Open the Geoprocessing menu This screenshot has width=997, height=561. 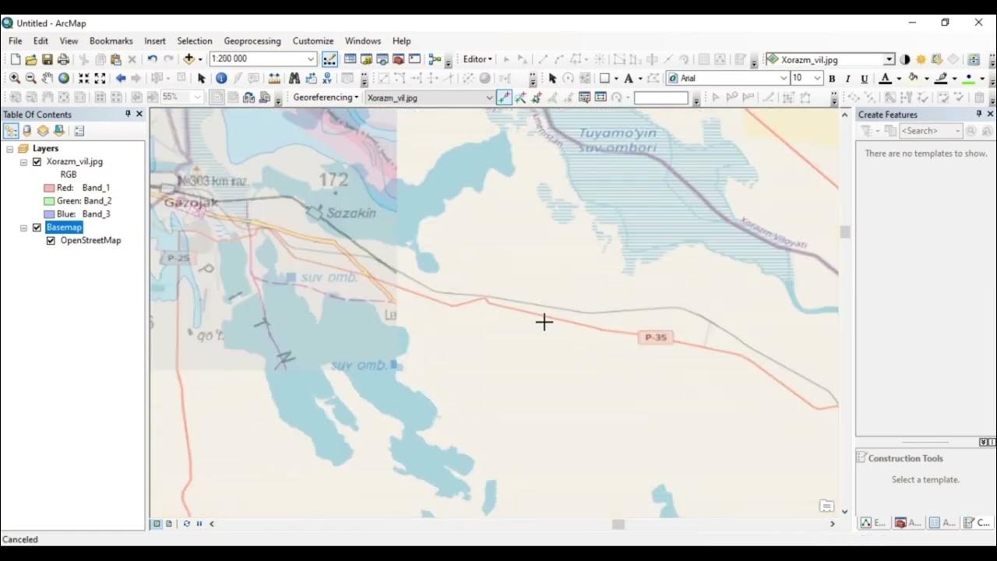252,41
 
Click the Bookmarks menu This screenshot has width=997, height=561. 111,41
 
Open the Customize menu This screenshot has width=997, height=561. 312,41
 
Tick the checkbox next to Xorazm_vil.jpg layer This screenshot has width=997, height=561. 37,162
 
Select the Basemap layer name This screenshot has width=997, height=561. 63,228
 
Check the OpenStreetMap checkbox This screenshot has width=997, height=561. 51,241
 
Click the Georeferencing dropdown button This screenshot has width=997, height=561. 326,97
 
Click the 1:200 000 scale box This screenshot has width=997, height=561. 256,59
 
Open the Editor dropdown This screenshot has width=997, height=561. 477,59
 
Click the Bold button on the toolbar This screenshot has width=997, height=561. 832,79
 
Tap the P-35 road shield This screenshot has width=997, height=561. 656,337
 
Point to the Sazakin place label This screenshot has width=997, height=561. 351,213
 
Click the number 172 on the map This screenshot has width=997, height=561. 333,180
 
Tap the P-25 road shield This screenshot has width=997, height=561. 178,257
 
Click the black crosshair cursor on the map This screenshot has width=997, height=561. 544,322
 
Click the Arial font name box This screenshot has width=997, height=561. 728,79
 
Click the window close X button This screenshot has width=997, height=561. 978,23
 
